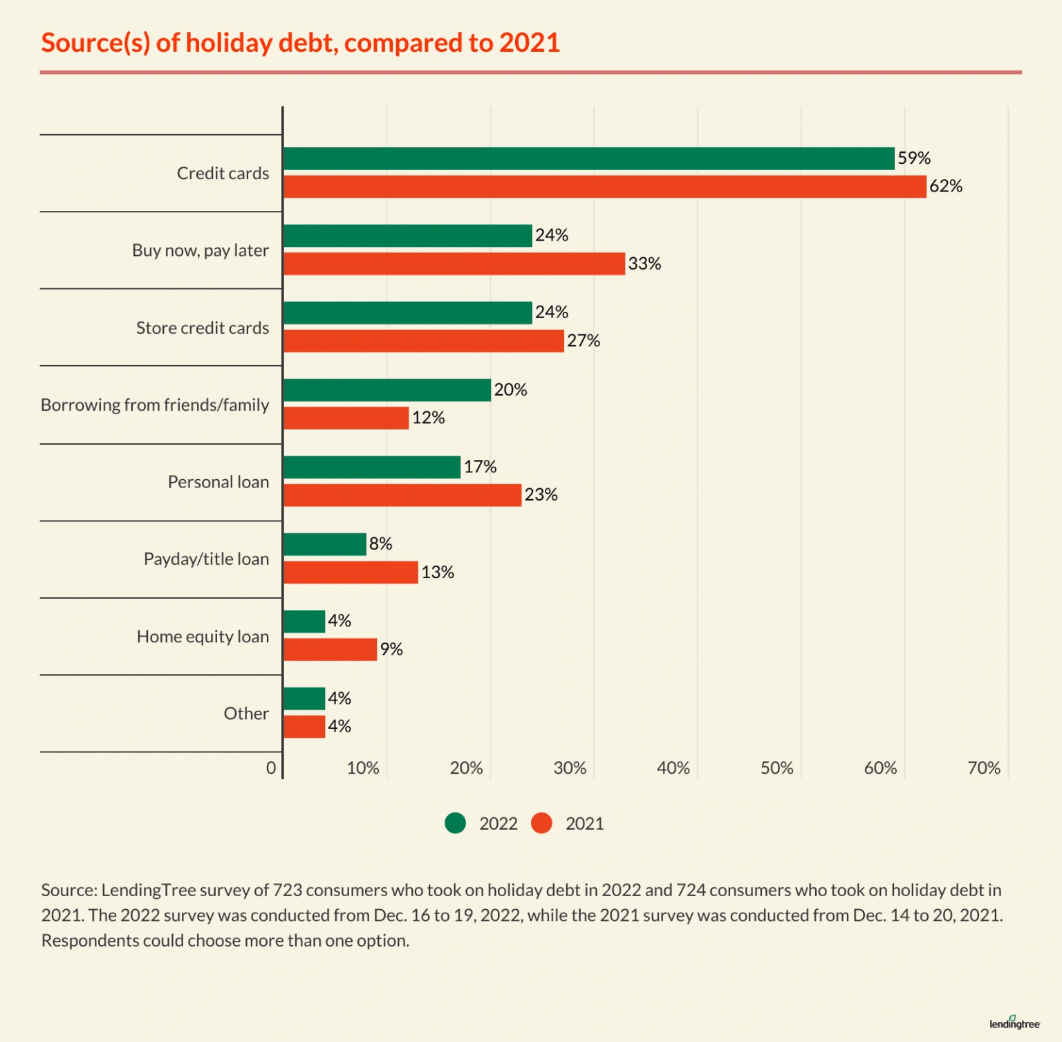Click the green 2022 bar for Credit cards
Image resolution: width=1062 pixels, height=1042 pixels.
[x=588, y=158]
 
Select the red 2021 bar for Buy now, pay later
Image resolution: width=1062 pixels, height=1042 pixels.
[x=454, y=263]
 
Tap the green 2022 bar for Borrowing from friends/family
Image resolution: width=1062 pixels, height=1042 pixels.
[x=387, y=390]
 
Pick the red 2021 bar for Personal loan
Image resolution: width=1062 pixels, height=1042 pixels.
[x=402, y=495]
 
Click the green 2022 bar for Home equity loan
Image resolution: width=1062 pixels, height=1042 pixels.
[x=304, y=622]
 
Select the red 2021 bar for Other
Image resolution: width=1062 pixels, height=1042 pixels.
[x=304, y=727]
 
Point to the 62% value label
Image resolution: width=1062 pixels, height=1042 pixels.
[x=945, y=186]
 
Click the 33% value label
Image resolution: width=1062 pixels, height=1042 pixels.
[x=644, y=263]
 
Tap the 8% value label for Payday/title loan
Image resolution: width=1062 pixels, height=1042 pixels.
[x=380, y=543]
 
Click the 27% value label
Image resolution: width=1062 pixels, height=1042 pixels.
[x=584, y=340]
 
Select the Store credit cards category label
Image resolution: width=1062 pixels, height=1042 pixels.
[x=202, y=328]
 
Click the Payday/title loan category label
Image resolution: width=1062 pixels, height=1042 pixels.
[x=206, y=559]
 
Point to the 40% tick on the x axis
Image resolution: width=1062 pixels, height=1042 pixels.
[x=673, y=768]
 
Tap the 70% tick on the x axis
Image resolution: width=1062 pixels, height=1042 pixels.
[x=984, y=768]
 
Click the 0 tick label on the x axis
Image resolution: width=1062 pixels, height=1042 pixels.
[x=271, y=768]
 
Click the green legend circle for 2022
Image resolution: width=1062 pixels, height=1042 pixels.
[x=455, y=824]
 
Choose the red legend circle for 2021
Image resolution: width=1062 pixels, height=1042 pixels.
[x=541, y=824]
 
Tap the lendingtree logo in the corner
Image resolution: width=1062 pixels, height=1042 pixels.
[x=1014, y=1023]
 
